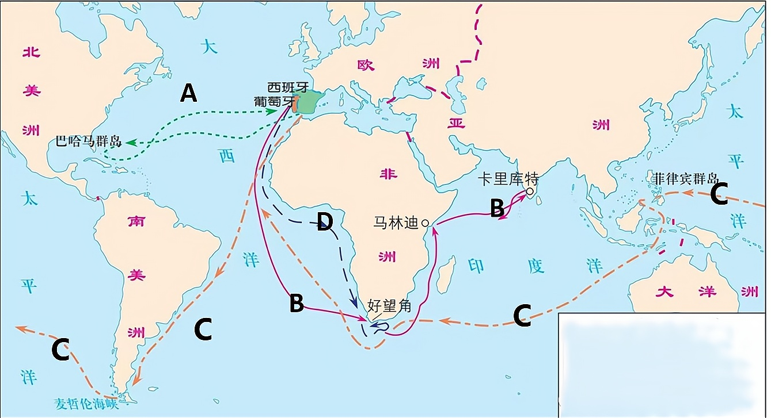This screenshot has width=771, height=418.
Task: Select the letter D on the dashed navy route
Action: (x=326, y=223)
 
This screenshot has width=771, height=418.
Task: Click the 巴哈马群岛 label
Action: (x=89, y=141)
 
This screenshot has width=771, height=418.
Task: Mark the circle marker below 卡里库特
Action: (x=529, y=191)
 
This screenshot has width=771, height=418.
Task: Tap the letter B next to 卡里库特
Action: (x=496, y=208)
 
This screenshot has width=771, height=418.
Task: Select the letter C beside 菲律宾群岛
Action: (x=719, y=195)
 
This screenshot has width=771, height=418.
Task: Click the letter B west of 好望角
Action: (x=296, y=304)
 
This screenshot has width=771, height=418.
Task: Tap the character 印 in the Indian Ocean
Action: (x=476, y=266)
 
